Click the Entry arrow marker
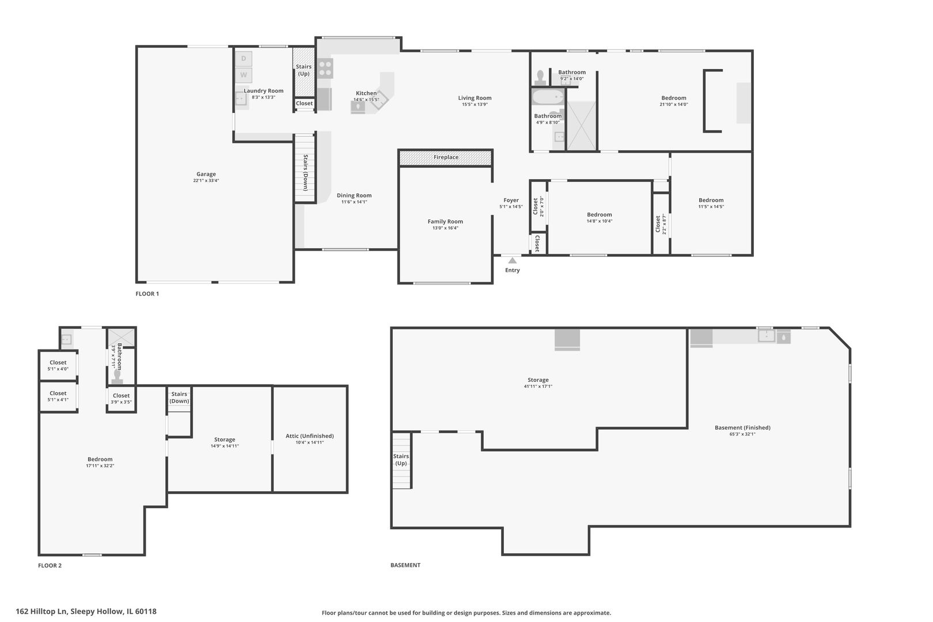(x=512, y=260)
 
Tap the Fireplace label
(x=446, y=157)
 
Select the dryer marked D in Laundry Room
(x=244, y=59)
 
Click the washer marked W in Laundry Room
(x=244, y=75)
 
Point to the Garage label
(x=206, y=174)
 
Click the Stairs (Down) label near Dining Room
(x=305, y=173)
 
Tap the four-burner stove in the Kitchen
(x=325, y=69)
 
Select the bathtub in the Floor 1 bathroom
(x=547, y=97)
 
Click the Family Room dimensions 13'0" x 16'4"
(x=445, y=228)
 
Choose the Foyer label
(x=511, y=200)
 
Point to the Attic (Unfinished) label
(x=309, y=436)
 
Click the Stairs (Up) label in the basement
(x=401, y=460)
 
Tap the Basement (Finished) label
(x=742, y=427)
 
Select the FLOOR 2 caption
(x=50, y=566)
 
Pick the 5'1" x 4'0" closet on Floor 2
(x=58, y=366)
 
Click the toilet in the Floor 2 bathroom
(x=118, y=376)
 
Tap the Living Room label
(x=475, y=98)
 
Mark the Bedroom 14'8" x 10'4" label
(x=599, y=215)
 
